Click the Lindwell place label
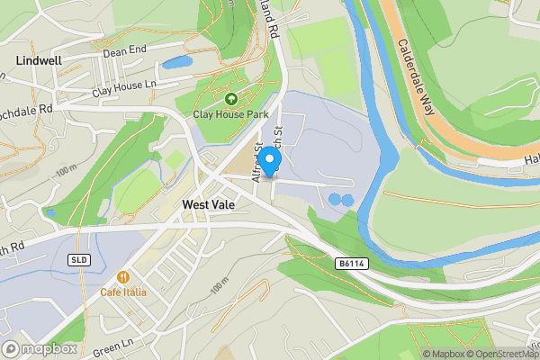[x=38, y=60]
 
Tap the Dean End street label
[x=124, y=52]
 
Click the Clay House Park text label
[x=231, y=114]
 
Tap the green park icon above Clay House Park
[x=231, y=99]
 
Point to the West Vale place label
[x=209, y=205]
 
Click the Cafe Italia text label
[x=123, y=292]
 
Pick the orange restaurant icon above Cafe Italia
[x=123, y=277]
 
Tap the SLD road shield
[x=78, y=259]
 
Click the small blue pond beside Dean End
[x=177, y=63]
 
